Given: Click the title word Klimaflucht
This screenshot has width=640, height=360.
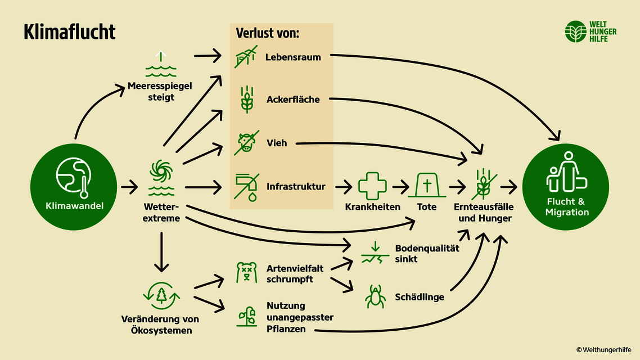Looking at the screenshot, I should pos(69,32).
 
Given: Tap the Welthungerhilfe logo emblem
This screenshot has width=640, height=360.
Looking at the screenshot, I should pos(575,31).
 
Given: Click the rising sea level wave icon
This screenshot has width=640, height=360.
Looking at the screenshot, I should pos(161,65).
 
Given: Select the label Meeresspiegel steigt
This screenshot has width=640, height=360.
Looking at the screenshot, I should pos(160,92).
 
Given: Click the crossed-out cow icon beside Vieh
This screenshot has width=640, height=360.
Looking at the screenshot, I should pos(246,143).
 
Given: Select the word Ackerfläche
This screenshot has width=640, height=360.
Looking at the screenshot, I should pos(293,100).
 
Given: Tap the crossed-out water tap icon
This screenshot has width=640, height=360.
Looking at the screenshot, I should pos(246,186).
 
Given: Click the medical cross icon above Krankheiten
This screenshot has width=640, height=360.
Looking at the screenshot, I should pos(372,186).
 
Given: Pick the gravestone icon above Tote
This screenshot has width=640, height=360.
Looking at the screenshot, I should pos(427,184).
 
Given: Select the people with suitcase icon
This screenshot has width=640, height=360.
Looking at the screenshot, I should pos(566,172).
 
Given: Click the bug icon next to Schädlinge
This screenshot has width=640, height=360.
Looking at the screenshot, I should pos(375,296).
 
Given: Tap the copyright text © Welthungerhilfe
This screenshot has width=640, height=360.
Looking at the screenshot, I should pos(605,350).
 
